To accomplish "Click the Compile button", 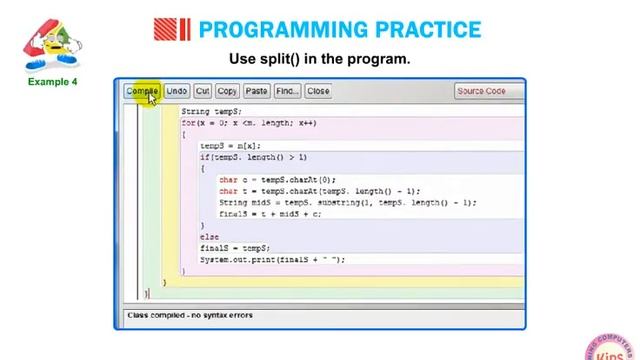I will click(142, 91).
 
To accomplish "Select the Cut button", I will click(203, 91).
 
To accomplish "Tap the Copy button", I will click(227, 91).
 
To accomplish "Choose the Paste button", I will click(257, 91).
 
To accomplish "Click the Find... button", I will click(287, 91).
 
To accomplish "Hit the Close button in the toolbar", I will click(318, 91).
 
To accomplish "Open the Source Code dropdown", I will click(487, 91).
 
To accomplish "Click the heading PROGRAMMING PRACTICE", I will click(340, 30).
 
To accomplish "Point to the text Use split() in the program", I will click(320, 59).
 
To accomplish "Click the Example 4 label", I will click(52, 82).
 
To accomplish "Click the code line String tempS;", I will click(211, 111).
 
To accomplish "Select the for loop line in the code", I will click(249, 123).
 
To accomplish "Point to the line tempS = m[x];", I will click(229, 146).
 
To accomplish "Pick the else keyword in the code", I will click(209, 237).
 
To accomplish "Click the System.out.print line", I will click(271, 260).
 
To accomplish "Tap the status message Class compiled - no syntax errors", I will click(190, 316).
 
